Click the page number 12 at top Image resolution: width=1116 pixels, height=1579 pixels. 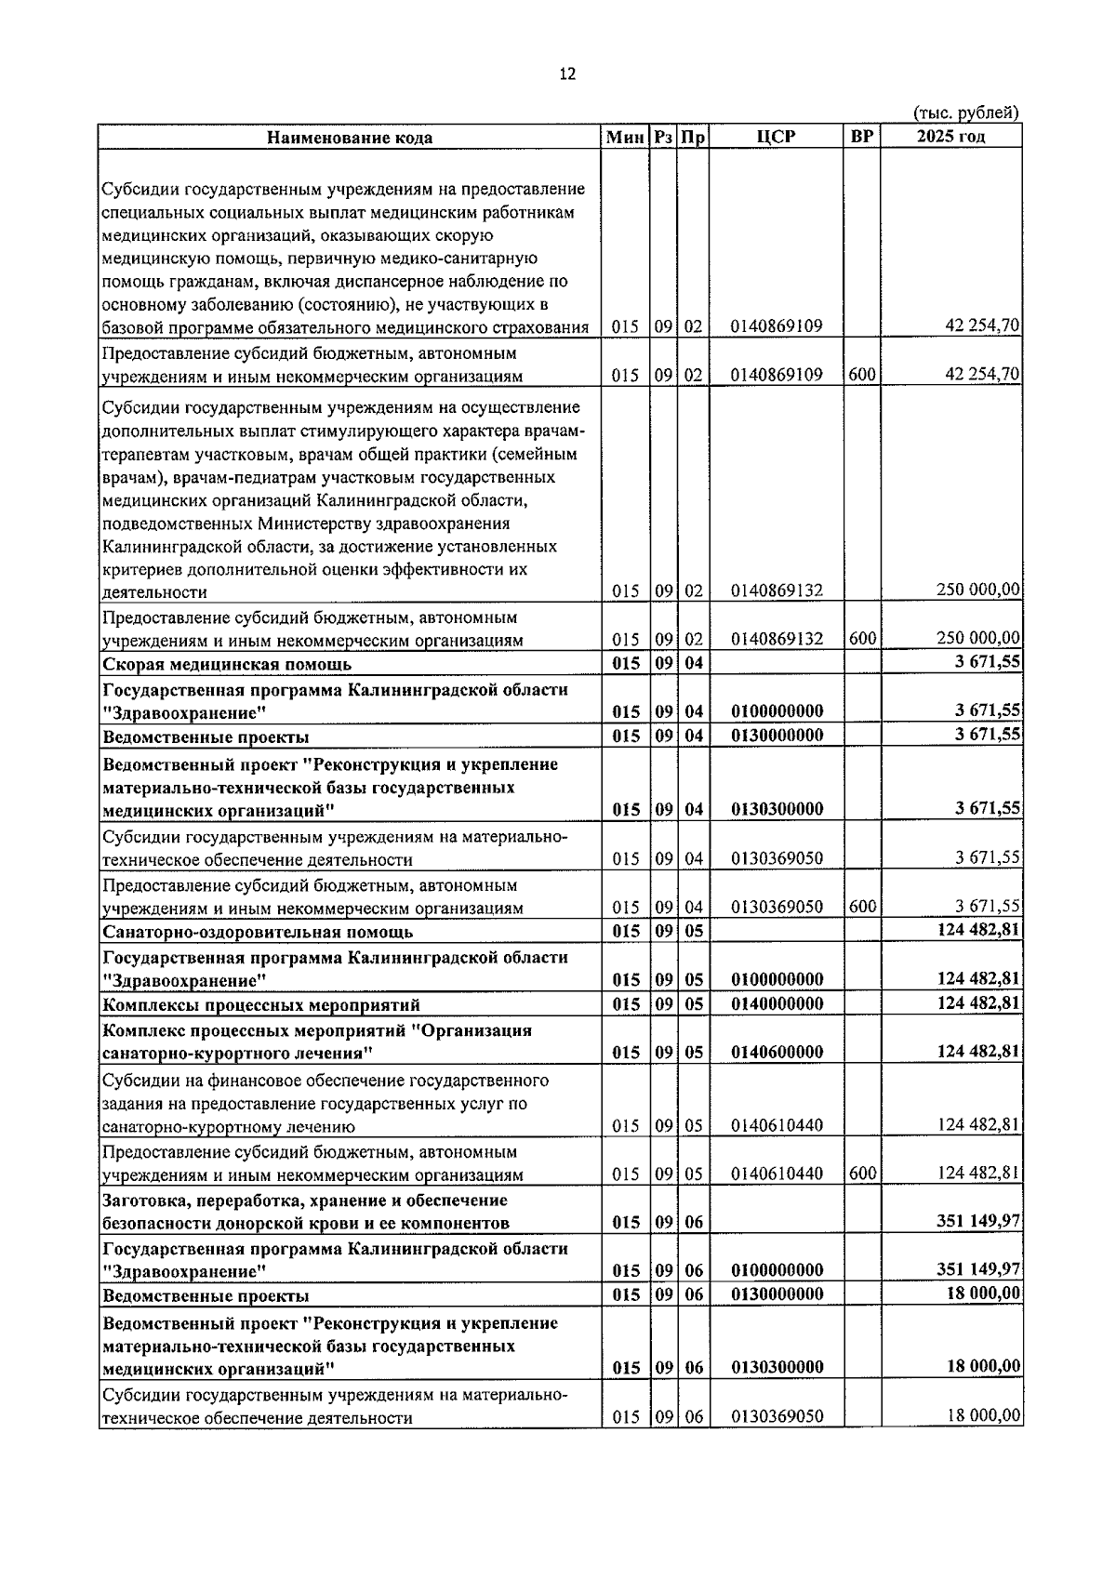coord(567,74)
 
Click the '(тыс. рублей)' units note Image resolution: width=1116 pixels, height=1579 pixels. coord(966,113)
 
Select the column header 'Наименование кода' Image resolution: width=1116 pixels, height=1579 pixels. coord(350,138)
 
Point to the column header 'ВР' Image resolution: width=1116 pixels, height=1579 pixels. coord(861,137)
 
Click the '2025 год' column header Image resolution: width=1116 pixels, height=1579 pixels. coord(950,137)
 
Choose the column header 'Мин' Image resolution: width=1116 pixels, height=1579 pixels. coord(625,138)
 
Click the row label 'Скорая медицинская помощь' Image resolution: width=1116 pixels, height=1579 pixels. coord(227,664)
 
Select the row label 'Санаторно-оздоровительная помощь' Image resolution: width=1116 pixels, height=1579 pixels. coord(258,932)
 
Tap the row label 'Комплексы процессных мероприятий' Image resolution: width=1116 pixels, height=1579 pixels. coord(261,1005)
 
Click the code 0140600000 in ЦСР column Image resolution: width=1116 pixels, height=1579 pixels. coord(777,1053)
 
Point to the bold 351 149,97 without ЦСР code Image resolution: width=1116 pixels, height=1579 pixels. coord(978,1221)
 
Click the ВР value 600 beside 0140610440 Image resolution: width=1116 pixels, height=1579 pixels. coord(862,1174)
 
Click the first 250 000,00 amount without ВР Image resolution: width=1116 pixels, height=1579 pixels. coord(978,590)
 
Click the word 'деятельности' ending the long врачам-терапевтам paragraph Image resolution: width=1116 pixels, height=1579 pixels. coord(154,592)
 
